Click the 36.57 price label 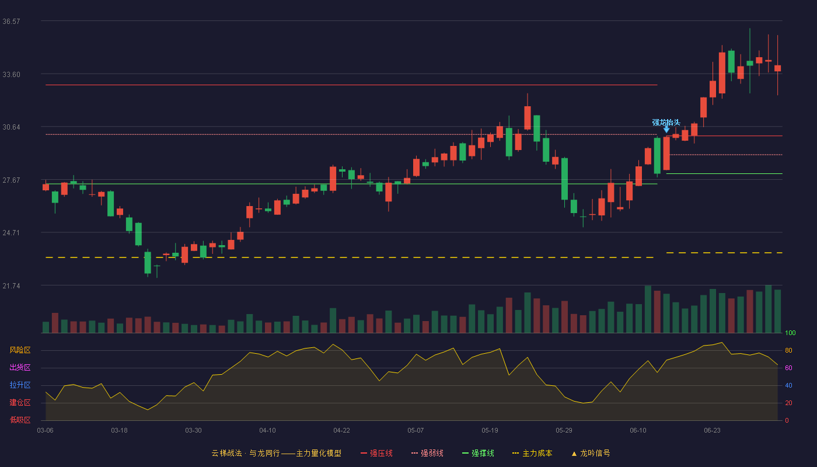(11, 22)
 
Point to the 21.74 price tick (11, 286)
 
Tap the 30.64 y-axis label (11, 127)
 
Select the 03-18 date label (119, 431)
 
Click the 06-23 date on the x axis (713, 431)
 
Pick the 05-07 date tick (416, 431)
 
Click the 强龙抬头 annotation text (666, 122)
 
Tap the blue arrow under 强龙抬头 (666, 130)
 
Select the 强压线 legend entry (376, 453)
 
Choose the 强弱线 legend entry (427, 453)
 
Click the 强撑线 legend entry (478, 453)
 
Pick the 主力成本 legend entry (532, 453)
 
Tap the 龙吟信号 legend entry (591, 453)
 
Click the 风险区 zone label (20, 350)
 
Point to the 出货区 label (20, 367)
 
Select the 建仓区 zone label (20, 402)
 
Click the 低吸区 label (20, 420)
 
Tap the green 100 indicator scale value (790, 333)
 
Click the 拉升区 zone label (20, 385)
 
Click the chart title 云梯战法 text (227, 453)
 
